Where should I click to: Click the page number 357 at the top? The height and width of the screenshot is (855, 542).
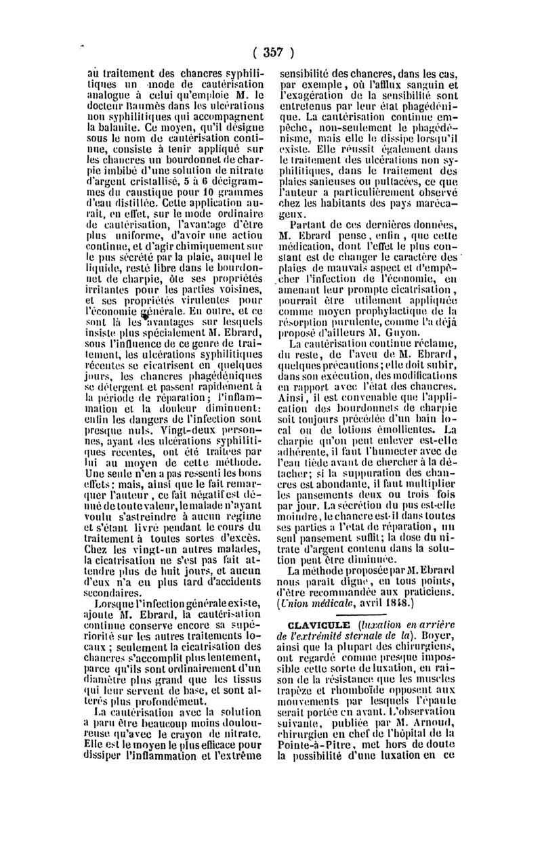pos(271,53)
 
